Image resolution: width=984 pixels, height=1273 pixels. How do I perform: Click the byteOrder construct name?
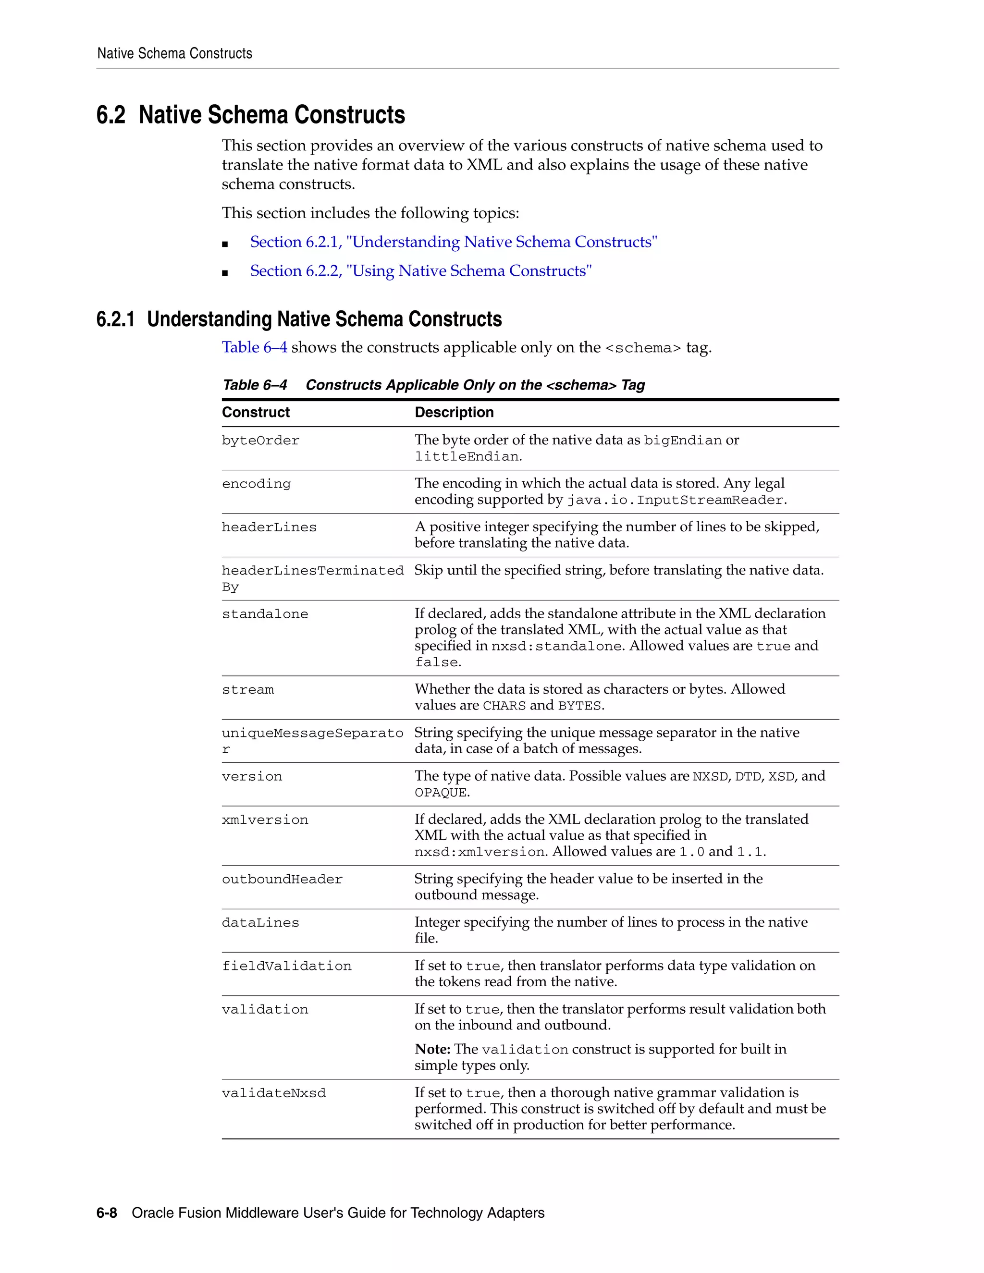[260, 441]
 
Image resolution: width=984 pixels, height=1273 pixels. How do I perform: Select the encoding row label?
[256, 484]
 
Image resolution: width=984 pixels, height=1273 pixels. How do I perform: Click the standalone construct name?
[265, 614]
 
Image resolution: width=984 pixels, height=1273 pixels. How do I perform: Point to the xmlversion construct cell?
[265, 820]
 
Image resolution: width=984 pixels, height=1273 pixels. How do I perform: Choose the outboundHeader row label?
[282, 880]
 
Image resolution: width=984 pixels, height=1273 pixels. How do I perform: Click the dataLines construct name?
[260, 923]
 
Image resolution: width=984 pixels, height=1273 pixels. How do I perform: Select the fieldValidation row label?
[286, 967]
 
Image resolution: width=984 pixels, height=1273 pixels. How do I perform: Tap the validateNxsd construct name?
[273, 1093]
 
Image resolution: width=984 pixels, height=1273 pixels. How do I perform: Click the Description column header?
[454, 413]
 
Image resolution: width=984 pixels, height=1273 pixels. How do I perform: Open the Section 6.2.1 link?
[454, 242]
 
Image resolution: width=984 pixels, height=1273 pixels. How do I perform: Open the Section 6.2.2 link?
[421, 271]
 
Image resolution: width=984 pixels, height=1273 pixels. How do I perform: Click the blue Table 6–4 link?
[254, 347]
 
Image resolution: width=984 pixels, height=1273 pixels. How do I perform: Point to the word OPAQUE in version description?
[440, 793]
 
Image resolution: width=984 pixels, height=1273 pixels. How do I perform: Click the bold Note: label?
[432, 1049]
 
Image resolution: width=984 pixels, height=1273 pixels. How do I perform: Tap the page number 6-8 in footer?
[107, 1213]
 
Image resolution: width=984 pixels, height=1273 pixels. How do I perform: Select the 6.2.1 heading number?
[115, 319]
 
